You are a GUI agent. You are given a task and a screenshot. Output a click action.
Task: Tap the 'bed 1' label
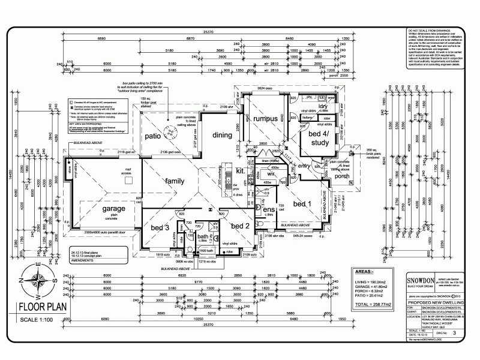pyautogui.click(x=302, y=205)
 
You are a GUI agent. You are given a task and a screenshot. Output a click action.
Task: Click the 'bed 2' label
pyautogui.click(x=240, y=226)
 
